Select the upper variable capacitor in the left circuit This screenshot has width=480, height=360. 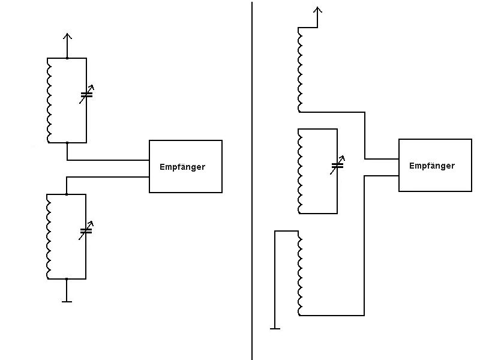pos(86,94)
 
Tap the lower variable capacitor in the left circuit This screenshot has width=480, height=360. pos(86,230)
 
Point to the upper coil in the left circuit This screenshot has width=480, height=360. pos(49,100)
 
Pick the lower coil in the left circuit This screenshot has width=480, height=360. pos(49,236)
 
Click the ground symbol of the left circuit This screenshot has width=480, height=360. pos(67,301)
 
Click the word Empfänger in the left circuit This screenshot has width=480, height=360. pos(182,167)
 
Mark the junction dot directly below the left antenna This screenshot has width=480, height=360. pos(67,58)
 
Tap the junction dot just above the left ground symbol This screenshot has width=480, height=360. pos(67,279)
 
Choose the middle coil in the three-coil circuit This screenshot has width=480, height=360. pos(300,171)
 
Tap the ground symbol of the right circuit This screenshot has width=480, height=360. pos(275,328)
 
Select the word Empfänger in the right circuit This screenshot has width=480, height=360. pos(432,166)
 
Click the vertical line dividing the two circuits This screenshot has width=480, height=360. pos(252,180)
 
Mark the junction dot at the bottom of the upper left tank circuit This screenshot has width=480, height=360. pos(67,143)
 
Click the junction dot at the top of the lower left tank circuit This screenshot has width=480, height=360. pos(67,194)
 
